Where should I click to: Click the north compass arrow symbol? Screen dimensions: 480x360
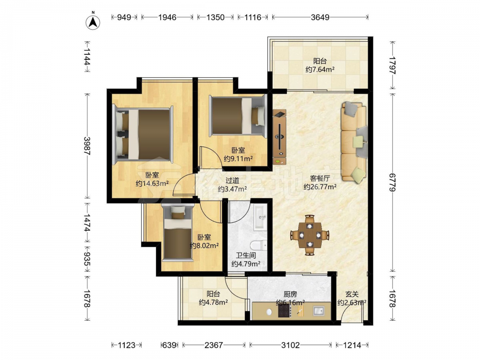[93, 22]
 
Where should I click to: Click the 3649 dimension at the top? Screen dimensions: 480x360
[320, 17]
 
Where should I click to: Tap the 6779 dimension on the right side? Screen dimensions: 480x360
[393, 182]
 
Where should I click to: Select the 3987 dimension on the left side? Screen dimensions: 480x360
[87, 146]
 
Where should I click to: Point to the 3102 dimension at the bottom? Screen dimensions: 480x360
[290, 345]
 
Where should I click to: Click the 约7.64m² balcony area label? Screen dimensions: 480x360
[320, 70]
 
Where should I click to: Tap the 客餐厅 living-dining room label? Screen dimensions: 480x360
[320, 179]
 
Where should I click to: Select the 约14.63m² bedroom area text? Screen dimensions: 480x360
[152, 183]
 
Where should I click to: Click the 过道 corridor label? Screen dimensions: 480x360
[232, 181]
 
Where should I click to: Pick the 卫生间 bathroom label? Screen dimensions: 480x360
[246, 255]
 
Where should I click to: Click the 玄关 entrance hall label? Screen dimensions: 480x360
[352, 294]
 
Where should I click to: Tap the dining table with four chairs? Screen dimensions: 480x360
[310, 235]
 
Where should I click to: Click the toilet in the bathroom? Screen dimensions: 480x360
[258, 245]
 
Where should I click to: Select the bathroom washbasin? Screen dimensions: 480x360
[260, 217]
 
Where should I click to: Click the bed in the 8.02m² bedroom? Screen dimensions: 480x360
[178, 233]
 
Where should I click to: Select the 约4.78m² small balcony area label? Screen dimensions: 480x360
[213, 302]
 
